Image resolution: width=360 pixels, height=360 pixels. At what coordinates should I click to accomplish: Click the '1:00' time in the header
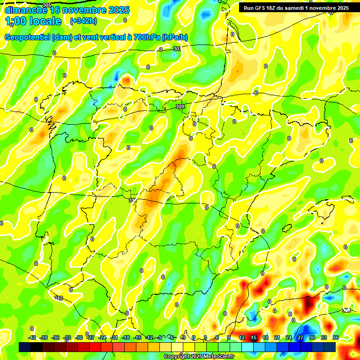coord(15,21)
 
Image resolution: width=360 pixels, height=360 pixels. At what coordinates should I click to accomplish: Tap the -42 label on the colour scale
coord(32,337)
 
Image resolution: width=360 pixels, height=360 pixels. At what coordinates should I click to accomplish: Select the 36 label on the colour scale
coord(336,337)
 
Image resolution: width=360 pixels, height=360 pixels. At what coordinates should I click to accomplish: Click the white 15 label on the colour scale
coord(253,337)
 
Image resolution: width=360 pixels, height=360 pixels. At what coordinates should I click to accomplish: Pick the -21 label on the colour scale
coord(114,337)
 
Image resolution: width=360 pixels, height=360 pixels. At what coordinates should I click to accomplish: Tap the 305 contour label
coord(46,5)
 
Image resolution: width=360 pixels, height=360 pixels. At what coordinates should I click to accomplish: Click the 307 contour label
coord(177,49)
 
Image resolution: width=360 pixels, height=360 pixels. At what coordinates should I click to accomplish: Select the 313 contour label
coord(59,298)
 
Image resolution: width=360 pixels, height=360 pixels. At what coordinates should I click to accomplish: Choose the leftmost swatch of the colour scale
coord(25,347)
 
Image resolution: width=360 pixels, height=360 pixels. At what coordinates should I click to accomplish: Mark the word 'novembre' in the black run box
coord(322,8)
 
